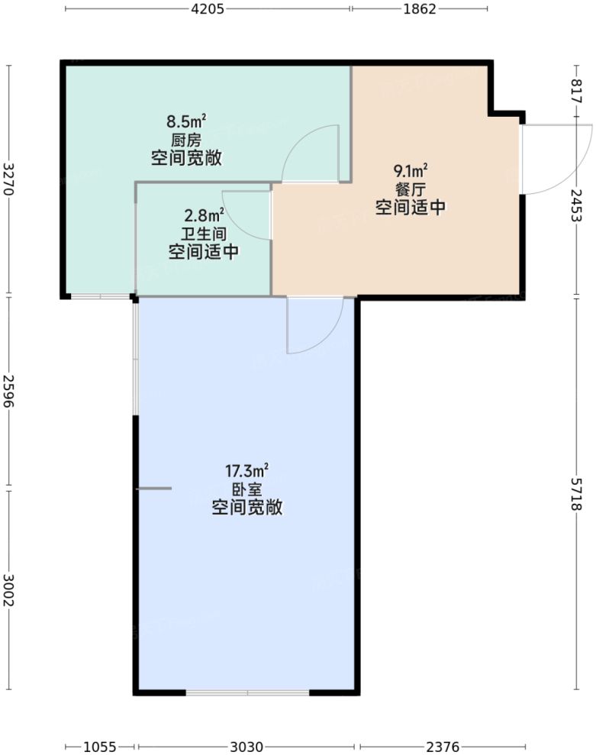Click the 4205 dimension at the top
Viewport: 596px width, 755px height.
(207, 9)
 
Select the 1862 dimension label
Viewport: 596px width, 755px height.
(418, 9)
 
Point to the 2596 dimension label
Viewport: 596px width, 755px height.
(9, 392)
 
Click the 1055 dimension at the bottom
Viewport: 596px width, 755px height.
(100, 746)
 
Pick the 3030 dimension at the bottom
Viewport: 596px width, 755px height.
(246, 746)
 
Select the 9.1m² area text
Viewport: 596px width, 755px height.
(411, 169)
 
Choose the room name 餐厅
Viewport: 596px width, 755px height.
(411, 188)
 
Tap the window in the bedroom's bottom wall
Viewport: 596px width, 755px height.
(247, 692)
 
